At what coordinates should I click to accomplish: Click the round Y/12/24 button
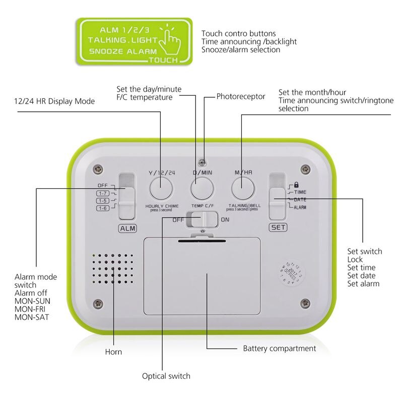tap(161, 189)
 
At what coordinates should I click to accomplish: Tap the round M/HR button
tap(243, 189)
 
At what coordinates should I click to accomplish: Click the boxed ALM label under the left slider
tap(127, 228)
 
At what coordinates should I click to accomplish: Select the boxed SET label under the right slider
tap(278, 227)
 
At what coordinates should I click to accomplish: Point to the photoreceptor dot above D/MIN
tap(202, 162)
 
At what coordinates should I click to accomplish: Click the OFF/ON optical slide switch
tap(202, 220)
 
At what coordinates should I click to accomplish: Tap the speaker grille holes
tap(113, 270)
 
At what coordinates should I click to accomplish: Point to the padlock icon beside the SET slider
tap(296, 184)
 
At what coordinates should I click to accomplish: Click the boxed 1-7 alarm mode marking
tap(103, 193)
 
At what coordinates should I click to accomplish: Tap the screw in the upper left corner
tap(99, 169)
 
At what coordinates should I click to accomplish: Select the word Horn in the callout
tap(113, 352)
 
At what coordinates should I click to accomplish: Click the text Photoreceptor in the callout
tap(241, 96)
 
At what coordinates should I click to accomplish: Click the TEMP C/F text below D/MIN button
tap(202, 206)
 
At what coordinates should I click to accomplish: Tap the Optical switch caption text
tap(166, 376)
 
